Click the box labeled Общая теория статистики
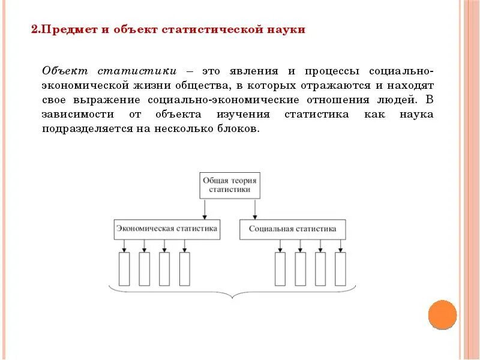tap(230, 185)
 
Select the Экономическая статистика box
tap(167, 229)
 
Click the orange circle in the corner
tap(443, 314)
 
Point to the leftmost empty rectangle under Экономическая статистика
tap(124, 269)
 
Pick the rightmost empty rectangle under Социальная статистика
tap(340, 269)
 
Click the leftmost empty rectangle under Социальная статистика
tap(280, 269)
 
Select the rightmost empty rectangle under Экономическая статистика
tap(184, 269)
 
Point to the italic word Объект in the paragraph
tap(65, 71)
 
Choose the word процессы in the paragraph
tap(329, 71)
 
